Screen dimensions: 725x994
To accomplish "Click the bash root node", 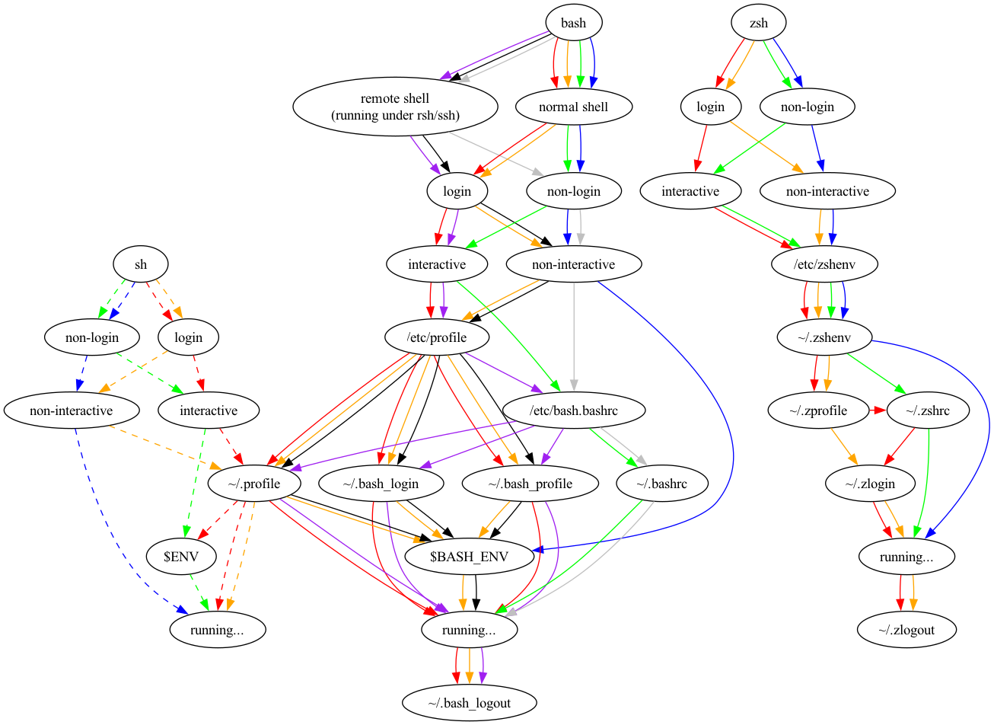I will [x=573, y=23].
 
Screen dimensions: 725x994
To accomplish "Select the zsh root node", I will [x=759, y=23].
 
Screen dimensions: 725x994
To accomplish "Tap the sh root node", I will [x=141, y=264].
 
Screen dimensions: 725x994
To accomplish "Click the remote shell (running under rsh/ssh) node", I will [x=395, y=107].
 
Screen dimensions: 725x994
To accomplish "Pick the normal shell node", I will [x=573, y=107].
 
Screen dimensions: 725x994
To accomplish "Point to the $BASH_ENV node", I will [x=468, y=557].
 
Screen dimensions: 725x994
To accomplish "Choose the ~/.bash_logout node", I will [x=469, y=703].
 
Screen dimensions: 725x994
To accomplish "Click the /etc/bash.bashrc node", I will [x=574, y=410].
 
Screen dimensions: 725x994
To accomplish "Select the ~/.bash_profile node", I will [x=530, y=484].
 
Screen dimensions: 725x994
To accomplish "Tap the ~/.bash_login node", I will [x=381, y=484].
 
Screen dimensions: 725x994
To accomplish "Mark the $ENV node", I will [x=181, y=557].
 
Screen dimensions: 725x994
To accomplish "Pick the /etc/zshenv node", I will [x=825, y=264].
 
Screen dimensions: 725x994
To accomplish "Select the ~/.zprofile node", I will [x=818, y=410].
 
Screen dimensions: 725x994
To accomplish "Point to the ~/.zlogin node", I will [x=870, y=484].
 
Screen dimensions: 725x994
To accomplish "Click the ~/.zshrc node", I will [x=927, y=410].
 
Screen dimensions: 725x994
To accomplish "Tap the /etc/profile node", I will [x=437, y=337].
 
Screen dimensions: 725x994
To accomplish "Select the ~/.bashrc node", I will [x=662, y=484].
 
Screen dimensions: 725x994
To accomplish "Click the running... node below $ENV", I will [x=217, y=630].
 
